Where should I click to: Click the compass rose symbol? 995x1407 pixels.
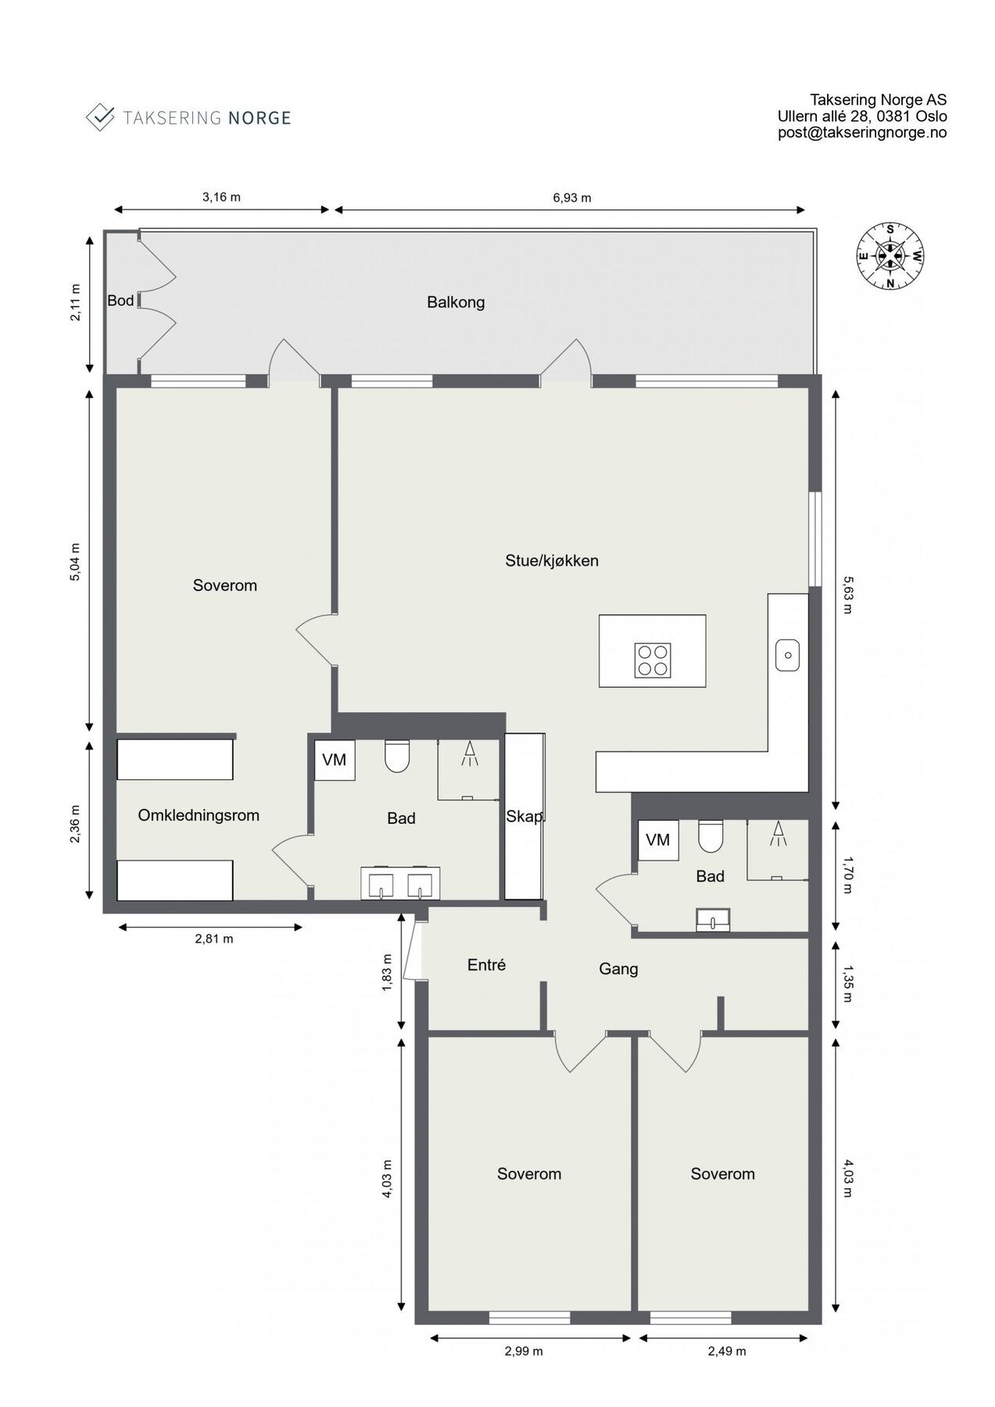(889, 255)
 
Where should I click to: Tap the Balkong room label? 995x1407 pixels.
(456, 302)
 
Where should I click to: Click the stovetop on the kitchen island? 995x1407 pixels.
(652, 660)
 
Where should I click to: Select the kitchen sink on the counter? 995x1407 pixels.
(787, 655)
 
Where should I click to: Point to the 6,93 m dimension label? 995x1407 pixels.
(571, 198)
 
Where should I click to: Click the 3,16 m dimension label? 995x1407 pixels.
(221, 197)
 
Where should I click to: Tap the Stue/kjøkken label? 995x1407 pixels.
(552, 560)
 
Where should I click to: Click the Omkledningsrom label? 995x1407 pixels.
(199, 815)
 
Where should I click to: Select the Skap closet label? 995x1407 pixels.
(524, 817)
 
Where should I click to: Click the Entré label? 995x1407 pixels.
(486, 965)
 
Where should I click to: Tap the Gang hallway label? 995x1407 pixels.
(618, 969)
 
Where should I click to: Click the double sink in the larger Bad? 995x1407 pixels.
(400, 883)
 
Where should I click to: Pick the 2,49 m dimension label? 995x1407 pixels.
(726, 1352)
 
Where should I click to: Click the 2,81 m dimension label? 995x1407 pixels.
(213, 939)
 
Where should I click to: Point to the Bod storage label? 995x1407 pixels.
(120, 300)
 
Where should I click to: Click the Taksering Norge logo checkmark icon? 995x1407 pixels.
(100, 117)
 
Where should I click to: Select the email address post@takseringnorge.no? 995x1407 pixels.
(861, 133)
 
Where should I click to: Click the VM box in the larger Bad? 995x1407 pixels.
(335, 760)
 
